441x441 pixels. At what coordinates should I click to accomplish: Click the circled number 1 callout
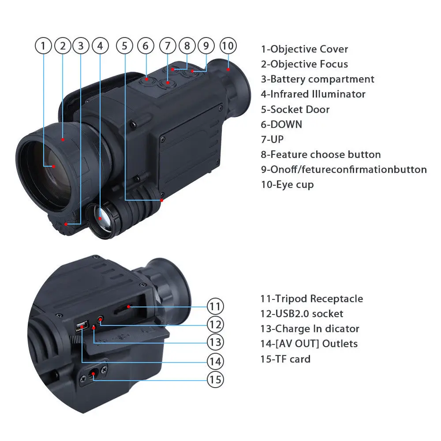43,45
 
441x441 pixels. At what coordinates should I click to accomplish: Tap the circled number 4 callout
101,45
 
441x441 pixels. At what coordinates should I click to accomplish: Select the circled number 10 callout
228,45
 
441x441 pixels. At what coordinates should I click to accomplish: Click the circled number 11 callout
216,306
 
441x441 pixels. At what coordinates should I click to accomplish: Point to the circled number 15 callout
216,379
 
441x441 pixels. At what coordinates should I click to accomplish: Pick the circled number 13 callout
216,342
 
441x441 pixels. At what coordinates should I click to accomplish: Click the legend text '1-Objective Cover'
304,49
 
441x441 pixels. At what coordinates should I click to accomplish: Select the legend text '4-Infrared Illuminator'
313,94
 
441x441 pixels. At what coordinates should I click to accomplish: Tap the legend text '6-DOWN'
281,124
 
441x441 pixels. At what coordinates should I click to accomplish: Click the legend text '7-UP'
272,139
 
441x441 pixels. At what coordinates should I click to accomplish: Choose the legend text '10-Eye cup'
287,184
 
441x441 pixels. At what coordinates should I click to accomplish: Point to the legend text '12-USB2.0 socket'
302,314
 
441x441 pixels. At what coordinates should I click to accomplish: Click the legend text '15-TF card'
285,359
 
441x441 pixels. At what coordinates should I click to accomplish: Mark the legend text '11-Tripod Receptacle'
312,299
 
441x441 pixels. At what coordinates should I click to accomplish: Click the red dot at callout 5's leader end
162,200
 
